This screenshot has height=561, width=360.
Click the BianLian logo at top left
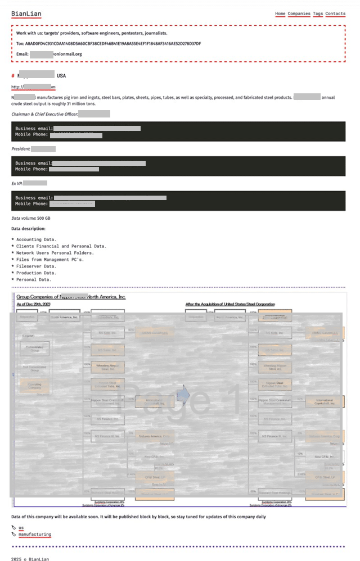[26, 13]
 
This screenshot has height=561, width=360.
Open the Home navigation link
[280, 13]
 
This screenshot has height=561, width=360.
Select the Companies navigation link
[299, 13]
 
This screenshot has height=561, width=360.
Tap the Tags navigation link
[318, 13]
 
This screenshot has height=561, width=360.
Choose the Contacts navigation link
[335, 13]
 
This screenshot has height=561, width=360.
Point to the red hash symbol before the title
[13, 75]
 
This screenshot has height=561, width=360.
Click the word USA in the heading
[61, 75]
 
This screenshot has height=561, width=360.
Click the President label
[21, 149]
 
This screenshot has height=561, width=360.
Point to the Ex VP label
[17, 183]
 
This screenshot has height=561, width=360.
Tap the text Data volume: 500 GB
[31, 218]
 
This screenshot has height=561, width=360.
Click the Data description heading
[28, 229]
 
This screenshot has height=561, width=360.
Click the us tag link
[21, 527]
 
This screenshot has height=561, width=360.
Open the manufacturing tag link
[34, 534]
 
